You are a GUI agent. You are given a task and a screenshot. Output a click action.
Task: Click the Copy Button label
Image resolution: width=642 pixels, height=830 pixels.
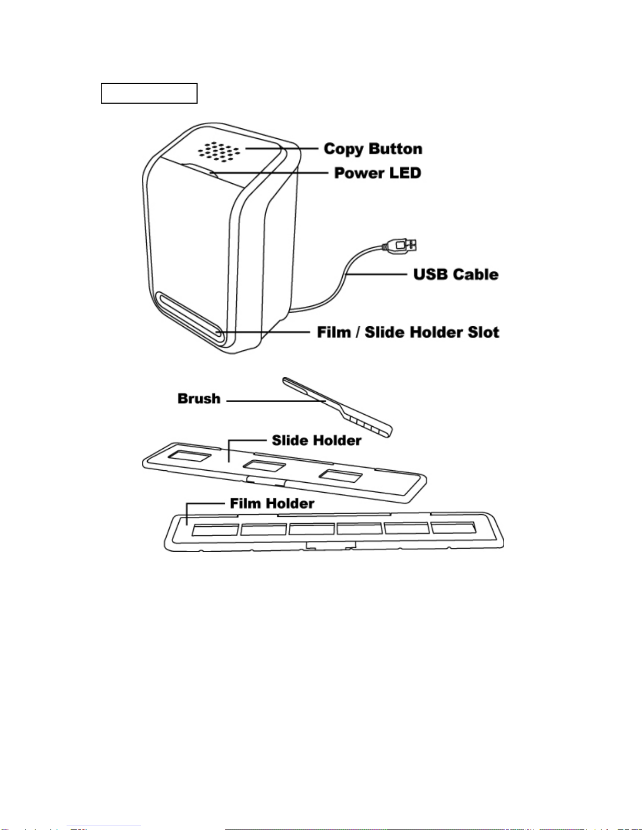pos(373,149)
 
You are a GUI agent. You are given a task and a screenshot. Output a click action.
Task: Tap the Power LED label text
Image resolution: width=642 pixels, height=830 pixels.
pos(377,173)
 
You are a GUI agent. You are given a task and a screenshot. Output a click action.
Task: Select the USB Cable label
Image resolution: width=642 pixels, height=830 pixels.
pos(456,274)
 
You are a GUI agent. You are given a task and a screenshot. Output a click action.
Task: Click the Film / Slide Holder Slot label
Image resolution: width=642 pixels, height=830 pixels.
pos(408,333)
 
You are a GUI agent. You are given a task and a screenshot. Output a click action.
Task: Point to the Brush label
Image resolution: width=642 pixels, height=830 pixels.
pos(199,399)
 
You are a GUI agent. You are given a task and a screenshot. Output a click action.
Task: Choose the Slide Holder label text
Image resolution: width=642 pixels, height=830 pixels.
pos(317,440)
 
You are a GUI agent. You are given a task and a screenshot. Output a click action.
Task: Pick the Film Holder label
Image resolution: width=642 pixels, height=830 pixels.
pos(272,503)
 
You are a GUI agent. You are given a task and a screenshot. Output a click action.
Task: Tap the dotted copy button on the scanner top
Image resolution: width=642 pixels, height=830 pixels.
pos(219,151)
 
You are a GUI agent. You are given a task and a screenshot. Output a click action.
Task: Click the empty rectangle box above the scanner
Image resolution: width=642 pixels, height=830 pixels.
pos(149,93)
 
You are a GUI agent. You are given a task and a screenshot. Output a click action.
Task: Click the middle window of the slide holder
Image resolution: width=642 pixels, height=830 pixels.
pos(265,466)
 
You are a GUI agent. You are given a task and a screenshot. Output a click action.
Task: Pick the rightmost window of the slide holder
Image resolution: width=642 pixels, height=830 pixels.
pos(341,476)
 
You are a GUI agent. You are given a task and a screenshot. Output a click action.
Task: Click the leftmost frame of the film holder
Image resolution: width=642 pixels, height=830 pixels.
pos(215,530)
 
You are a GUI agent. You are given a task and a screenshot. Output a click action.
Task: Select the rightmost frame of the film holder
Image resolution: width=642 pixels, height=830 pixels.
pos(454,527)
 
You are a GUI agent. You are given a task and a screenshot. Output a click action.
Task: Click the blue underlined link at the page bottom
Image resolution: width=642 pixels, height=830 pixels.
pos(104,826)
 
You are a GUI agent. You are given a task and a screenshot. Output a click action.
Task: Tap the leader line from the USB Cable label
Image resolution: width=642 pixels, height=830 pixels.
pos(376,274)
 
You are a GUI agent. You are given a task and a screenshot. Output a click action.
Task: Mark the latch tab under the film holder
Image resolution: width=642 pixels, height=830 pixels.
pos(331,546)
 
